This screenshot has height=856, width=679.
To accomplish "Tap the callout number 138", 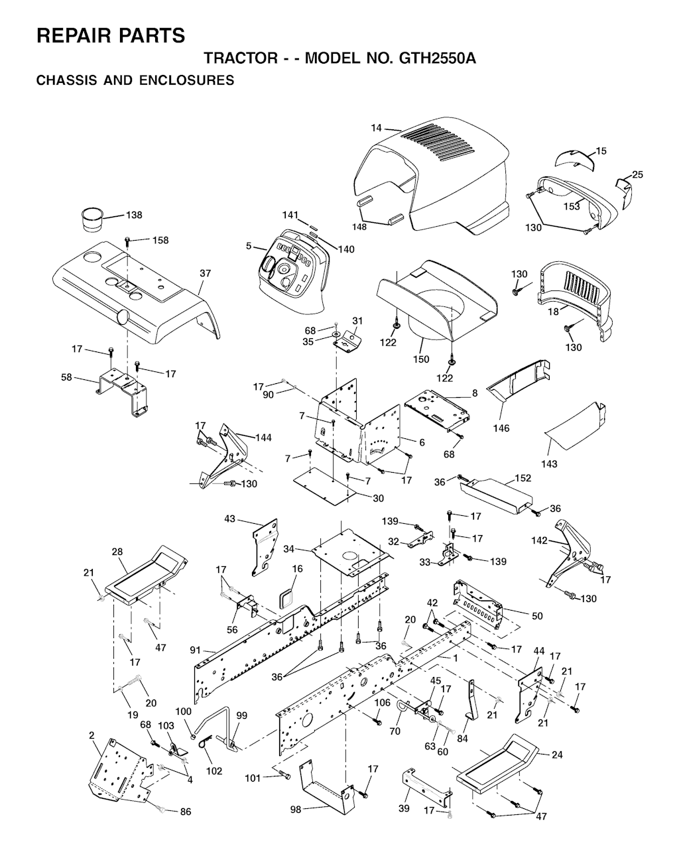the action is (134, 215).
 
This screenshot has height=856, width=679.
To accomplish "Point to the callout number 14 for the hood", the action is (376, 128).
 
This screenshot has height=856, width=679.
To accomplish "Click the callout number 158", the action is (160, 241).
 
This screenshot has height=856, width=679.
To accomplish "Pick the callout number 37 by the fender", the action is (206, 274).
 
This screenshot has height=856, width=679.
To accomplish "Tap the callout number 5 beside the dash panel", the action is (249, 246).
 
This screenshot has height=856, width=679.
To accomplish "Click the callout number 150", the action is (421, 359).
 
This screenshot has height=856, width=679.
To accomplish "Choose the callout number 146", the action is (501, 428).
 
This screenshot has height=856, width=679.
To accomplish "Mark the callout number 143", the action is (549, 463).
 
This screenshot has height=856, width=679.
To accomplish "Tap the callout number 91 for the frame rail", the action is (196, 650).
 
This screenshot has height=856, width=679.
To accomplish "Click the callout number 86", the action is (186, 812).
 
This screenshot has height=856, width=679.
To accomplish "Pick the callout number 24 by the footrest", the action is (558, 755).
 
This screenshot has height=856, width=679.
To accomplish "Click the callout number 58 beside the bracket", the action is (66, 377).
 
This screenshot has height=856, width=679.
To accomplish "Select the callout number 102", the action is (214, 771).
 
